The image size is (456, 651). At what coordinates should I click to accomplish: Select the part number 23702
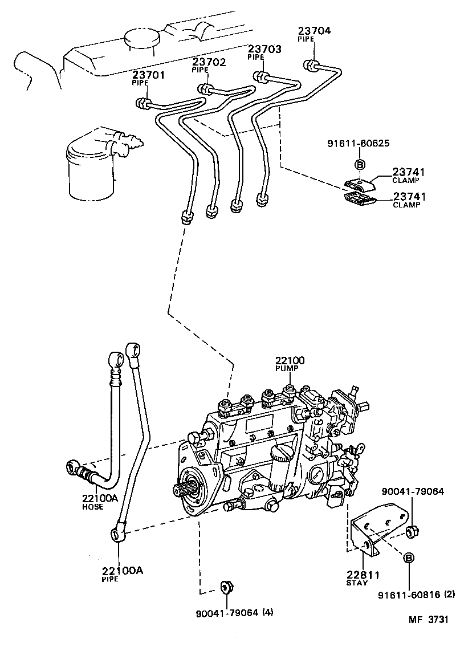tap(209, 62)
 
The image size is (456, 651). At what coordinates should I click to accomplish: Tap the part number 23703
tap(264, 50)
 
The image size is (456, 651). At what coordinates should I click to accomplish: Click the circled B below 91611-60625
tap(360, 165)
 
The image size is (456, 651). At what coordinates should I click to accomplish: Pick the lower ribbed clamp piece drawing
tap(359, 198)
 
